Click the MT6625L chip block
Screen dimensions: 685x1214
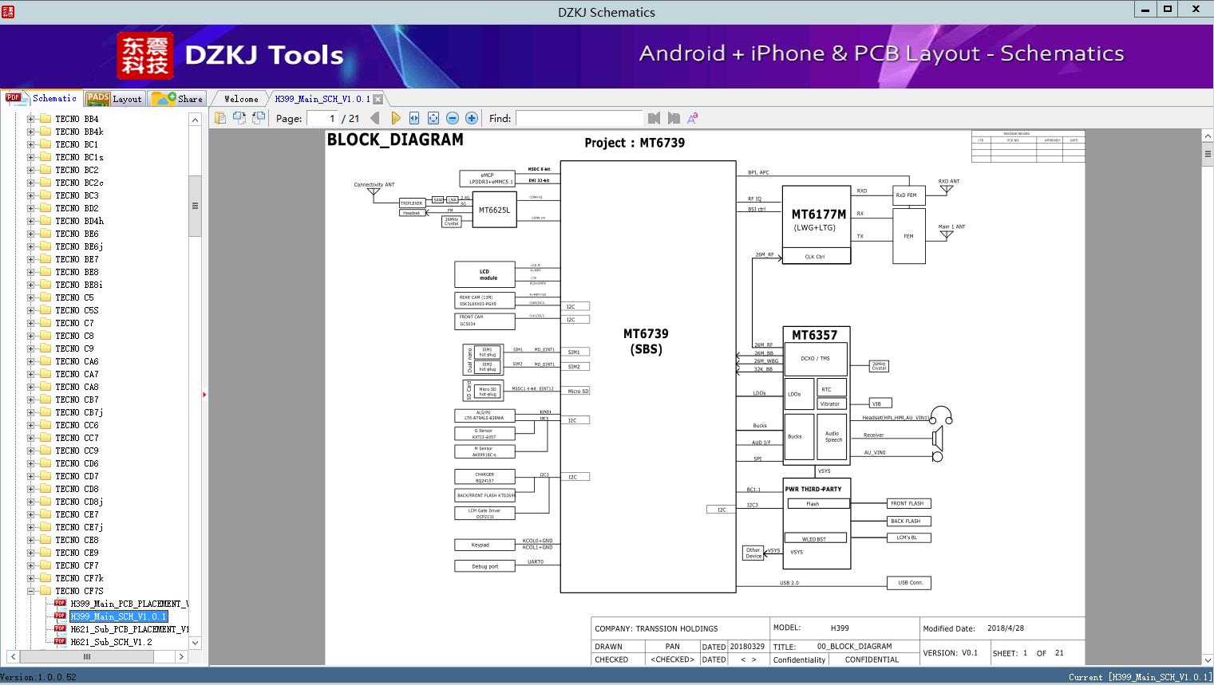pos(494,210)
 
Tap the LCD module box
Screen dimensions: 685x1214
pos(485,274)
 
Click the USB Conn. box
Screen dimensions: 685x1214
pos(909,583)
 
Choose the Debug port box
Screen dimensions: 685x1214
pos(484,566)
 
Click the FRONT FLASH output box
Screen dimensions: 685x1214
pos(908,503)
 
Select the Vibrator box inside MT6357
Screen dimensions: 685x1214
pos(830,404)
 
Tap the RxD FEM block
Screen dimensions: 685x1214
pos(908,195)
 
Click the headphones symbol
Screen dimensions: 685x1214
pos(942,415)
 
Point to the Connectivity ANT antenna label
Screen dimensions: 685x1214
pos(374,185)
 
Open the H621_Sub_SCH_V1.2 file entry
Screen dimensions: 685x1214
pos(111,642)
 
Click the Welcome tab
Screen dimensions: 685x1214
pos(241,99)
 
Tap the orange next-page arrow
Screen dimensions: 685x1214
pos(395,118)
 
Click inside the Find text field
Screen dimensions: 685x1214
pos(579,118)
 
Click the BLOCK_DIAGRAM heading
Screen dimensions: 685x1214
pos(395,140)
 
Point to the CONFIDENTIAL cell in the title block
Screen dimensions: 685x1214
pos(872,659)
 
